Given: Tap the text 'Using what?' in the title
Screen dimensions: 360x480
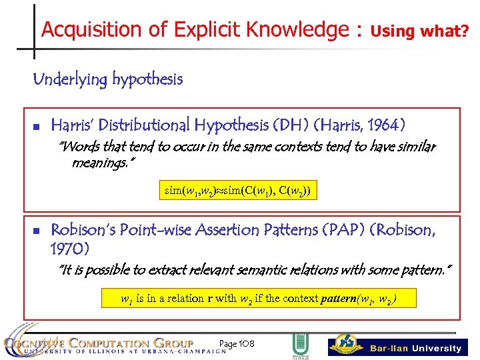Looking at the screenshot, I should [419, 31].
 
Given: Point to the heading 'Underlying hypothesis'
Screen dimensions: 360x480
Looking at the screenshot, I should [107, 80].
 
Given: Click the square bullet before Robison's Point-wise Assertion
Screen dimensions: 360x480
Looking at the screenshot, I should [37, 231].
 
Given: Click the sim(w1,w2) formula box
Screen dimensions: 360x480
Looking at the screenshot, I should [237, 191].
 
